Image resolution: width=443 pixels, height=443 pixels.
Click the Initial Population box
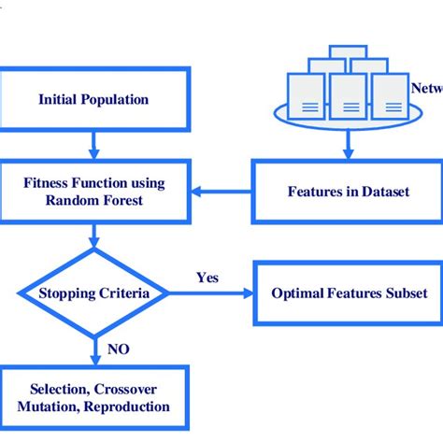click(x=93, y=98)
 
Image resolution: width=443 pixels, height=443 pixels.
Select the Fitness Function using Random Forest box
click(x=93, y=191)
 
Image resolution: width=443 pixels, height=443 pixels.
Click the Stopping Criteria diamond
click(x=93, y=293)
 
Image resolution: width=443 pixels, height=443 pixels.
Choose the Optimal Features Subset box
click(x=349, y=293)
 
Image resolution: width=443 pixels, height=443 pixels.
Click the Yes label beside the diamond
click(x=207, y=278)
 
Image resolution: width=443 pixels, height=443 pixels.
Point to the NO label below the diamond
click(x=118, y=349)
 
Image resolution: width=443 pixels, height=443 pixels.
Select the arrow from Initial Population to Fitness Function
click(x=93, y=144)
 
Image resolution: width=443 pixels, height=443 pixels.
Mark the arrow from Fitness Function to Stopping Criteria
click(x=93, y=237)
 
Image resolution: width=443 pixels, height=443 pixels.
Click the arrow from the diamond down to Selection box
click(x=93, y=353)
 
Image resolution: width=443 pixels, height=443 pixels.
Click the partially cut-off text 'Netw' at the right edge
click(x=426, y=89)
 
